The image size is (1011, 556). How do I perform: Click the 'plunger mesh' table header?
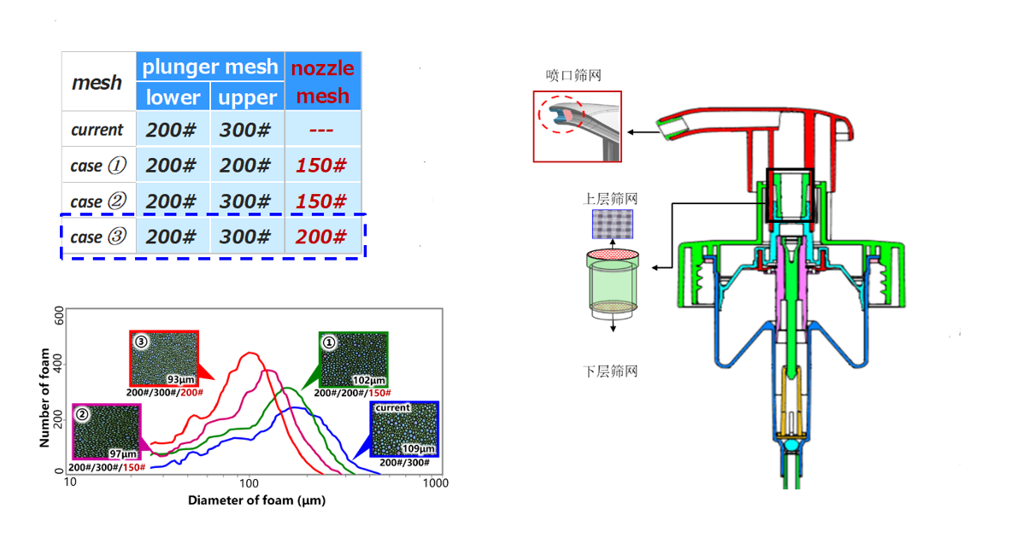pos(210,67)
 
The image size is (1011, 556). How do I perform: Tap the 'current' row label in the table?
pos(97,130)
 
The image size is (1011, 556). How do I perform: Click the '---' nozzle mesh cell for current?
pos(321,130)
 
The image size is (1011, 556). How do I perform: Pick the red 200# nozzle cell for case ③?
pos(321,237)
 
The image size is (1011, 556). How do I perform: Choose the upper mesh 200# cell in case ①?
pos(246,166)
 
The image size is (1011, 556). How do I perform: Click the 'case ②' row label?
pos(97,202)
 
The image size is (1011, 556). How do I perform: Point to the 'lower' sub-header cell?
pos(173,97)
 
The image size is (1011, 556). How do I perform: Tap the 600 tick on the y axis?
pos(59,315)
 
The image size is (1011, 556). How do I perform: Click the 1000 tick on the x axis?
pos(436,483)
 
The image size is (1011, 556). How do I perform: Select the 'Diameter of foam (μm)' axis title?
pos(256,500)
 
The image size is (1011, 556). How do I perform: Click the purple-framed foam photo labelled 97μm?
pos(107,431)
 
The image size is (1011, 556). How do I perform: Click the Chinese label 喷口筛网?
pos(573,76)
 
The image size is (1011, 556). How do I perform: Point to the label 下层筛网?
pos(610,372)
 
